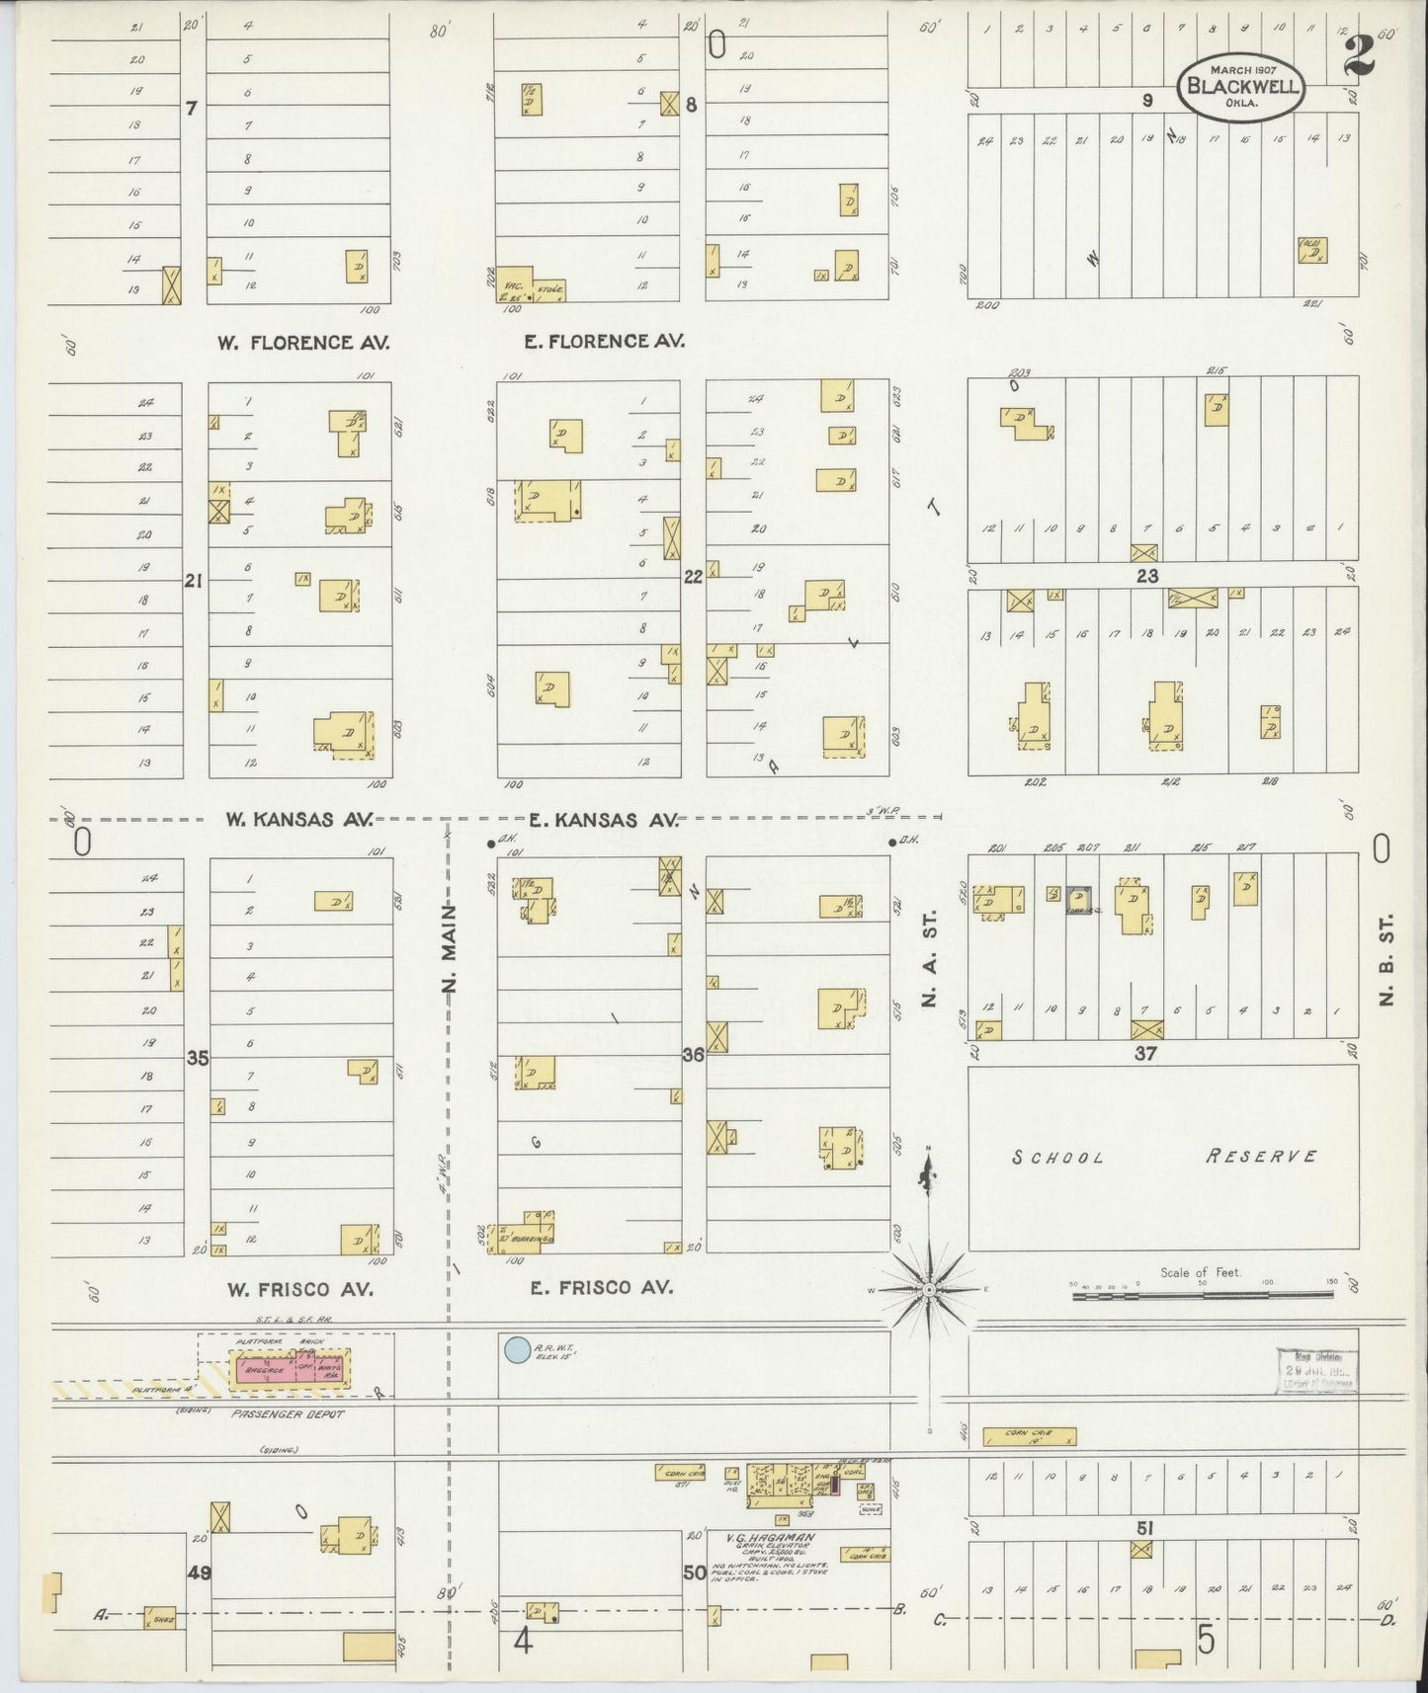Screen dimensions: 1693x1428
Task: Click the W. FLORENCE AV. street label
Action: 303,343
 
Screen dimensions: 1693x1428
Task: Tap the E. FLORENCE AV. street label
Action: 604,342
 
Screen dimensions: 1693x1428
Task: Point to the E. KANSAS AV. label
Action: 603,819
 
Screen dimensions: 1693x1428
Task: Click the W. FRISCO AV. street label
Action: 299,1289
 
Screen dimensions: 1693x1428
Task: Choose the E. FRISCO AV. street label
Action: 601,1287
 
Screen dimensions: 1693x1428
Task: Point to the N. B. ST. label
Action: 1386,972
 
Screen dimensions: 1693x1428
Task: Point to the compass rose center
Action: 929,1289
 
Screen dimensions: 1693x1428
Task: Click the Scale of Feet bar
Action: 1204,1294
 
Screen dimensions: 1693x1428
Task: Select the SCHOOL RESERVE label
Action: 1163,1156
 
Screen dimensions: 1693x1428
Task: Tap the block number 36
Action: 693,1055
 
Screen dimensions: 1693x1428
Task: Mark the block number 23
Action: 1145,575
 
